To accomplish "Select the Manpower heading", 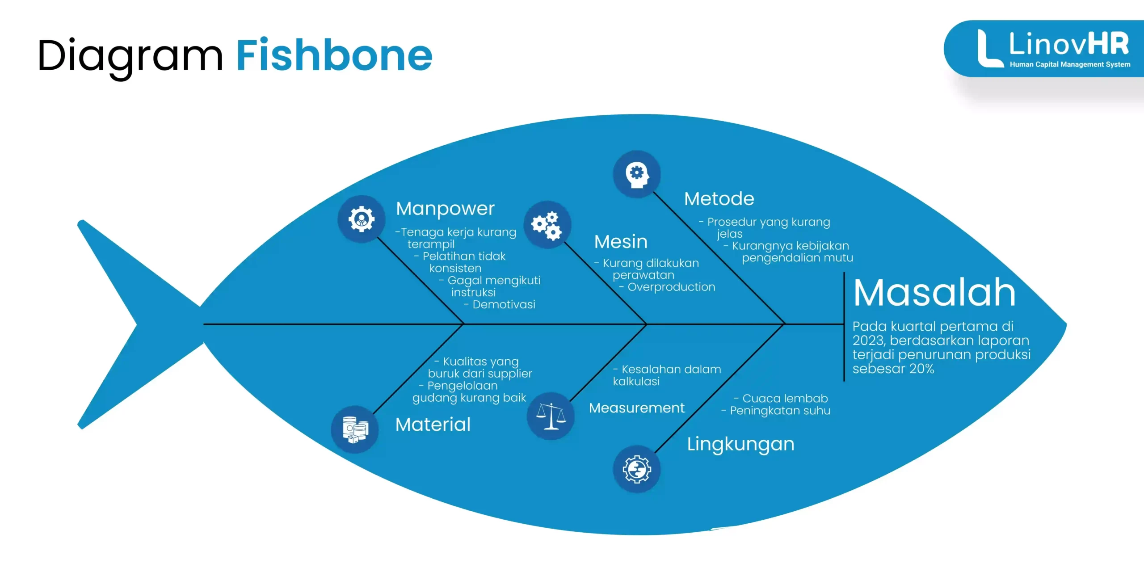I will [x=445, y=209].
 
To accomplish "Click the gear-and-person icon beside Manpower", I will [x=362, y=219].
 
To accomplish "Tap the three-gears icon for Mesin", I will [x=547, y=225].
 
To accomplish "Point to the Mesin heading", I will [x=621, y=242].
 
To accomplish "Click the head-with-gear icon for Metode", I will [x=637, y=174].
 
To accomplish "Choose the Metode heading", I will [x=719, y=199].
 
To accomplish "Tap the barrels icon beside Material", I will [x=355, y=429].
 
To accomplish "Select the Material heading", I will [x=433, y=425].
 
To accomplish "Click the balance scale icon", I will [x=551, y=416].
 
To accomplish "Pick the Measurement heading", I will [x=636, y=408].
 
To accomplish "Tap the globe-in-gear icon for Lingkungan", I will [x=637, y=469].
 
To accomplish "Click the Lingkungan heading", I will [x=740, y=444].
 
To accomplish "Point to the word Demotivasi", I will [x=504, y=305].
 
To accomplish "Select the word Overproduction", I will [x=671, y=287].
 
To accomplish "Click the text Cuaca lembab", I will [x=785, y=398].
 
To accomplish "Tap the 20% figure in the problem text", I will [x=921, y=369].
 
